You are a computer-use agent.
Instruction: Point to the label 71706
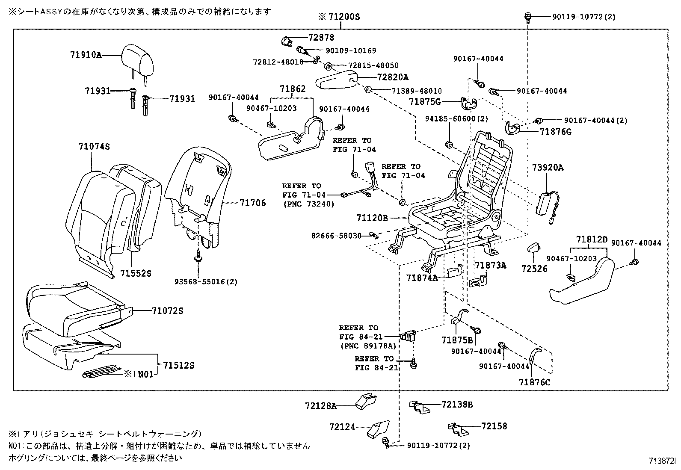[252, 203]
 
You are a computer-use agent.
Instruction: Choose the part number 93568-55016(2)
[206, 281]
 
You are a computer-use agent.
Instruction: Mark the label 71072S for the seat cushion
[167, 311]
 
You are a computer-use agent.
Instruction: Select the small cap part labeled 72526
[534, 248]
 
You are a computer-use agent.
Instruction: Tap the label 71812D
[592, 239]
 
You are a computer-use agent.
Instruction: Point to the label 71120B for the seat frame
[372, 218]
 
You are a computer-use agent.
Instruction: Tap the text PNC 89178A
[368, 346]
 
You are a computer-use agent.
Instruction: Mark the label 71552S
[136, 273]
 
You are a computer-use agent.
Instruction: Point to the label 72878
[321, 38]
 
